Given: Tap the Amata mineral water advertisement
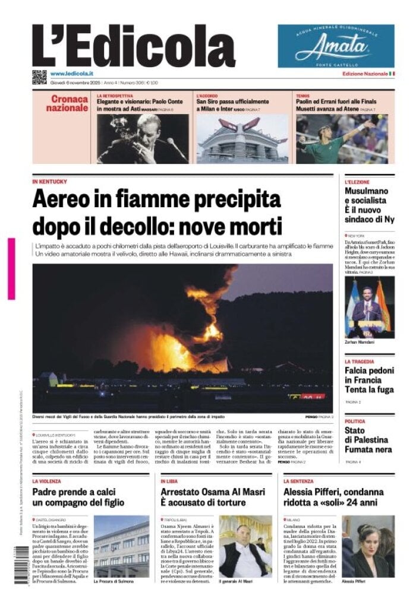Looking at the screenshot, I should click(335, 46).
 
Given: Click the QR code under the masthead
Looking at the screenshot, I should click(39, 77).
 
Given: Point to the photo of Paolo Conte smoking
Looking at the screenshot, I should click(142, 138).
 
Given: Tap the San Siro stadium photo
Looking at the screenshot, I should click(242, 138).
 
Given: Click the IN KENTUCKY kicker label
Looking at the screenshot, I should click(50, 181).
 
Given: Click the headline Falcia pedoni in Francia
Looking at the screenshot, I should click(368, 381).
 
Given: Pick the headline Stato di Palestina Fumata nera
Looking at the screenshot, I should click(366, 440).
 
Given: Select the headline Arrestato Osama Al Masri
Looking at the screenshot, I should click(205, 498).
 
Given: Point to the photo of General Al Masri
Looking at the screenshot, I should click(245, 546).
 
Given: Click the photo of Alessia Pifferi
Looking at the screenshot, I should click(368, 546).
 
